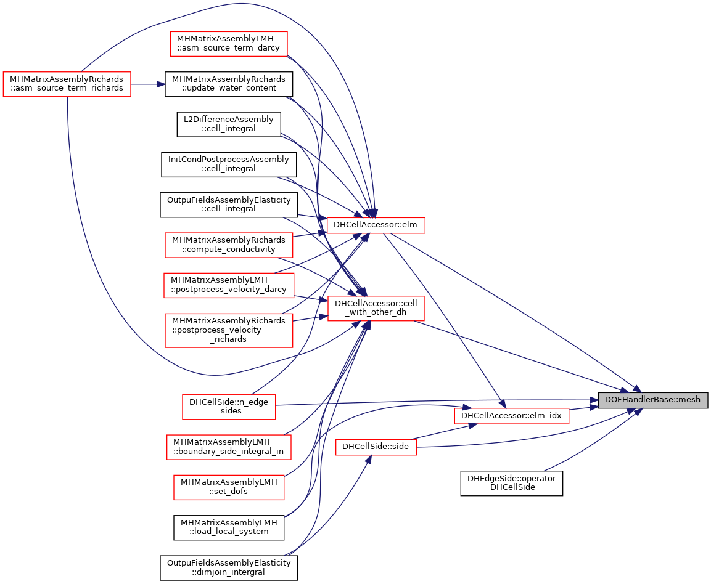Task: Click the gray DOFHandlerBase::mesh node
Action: (x=652, y=400)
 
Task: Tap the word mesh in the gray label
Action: (x=689, y=400)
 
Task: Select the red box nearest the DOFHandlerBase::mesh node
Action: (x=511, y=416)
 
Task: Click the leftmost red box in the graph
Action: (x=67, y=84)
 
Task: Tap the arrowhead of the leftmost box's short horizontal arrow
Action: (x=162, y=84)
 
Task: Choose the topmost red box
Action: (x=229, y=44)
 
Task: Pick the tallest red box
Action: (x=229, y=331)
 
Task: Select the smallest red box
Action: (x=376, y=447)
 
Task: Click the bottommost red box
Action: (x=229, y=487)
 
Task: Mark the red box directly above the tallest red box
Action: (x=229, y=286)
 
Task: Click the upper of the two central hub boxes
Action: (x=376, y=225)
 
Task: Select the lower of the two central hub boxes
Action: (x=376, y=309)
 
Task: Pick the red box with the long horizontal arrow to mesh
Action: (x=229, y=407)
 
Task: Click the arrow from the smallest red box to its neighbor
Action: (x=444, y=431)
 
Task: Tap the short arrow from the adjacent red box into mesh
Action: (x=583, y=407)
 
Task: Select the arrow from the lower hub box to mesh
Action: (x=524, y=354)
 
